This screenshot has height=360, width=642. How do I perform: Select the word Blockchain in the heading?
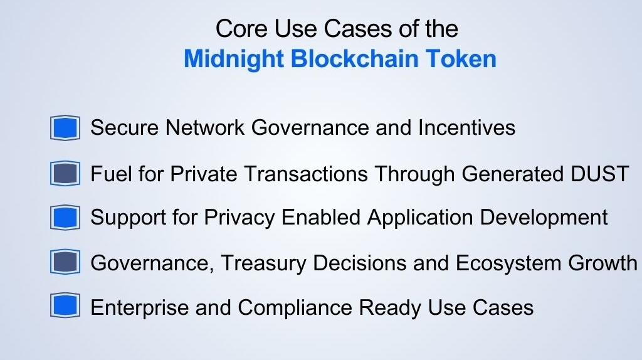(x=355, y=58)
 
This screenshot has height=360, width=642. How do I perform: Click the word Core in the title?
(x=241, y=29)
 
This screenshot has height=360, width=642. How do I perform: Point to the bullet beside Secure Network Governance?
(x=65, y=128)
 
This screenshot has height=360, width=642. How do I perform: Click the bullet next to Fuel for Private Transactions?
(x=65, y=173)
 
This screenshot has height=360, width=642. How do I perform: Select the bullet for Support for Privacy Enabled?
(x=65, y=218)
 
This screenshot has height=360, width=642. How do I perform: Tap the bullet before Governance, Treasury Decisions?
(x=65, y=262)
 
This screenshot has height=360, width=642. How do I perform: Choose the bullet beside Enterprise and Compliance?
(x=65, y=305)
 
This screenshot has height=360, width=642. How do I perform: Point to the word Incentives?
(x=466, y=127)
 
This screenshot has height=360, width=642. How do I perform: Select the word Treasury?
(x=264, y=263)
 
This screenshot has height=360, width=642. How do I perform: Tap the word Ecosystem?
(x=508, y=263)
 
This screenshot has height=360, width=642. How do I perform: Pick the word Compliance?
(x=295, y=307)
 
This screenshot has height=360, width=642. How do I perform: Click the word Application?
(x=420, y=218)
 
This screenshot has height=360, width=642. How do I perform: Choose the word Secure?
(x=125, y=127)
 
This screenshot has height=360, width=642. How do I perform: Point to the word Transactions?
(x=306, y=174)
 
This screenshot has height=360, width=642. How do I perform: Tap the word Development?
(x=544, y=218)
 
